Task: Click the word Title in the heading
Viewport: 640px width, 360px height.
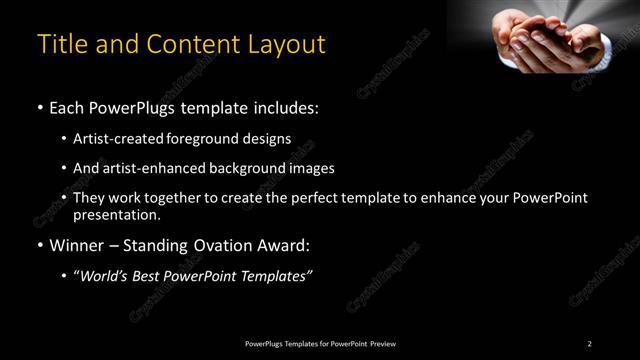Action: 62,46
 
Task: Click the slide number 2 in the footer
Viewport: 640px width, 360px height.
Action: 590,344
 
